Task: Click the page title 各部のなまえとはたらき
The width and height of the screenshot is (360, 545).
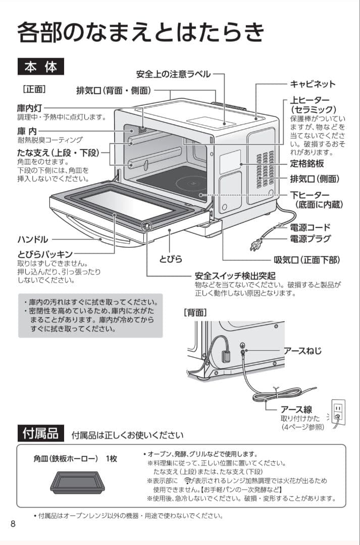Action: click(x=141, y=33)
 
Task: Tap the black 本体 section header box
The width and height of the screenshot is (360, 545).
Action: click(x=41, y=67)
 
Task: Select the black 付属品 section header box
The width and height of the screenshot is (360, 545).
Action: click(x=41, y=433)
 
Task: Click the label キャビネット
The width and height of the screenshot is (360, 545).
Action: click(x=313, y=84)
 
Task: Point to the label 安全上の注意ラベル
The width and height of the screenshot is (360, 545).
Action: click(x=173, y=74)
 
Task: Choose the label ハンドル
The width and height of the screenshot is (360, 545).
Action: click(x=33, y=239)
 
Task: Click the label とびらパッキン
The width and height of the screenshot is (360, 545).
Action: click(x=45, y=254)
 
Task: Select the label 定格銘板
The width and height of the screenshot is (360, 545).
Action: click(x=307, y=163)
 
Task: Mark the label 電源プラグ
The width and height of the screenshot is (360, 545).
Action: click(x=310, y=239)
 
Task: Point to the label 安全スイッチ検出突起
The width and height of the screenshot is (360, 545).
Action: click(x=235, y=276)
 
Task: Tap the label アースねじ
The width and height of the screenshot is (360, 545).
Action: click(x=302, y=350)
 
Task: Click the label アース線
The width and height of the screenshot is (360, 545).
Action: click(x=296, y=409)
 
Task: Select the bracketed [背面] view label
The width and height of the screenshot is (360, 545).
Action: click(x=195, y=313)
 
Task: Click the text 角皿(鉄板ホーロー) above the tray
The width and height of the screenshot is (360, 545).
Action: click(x=65, y=458)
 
